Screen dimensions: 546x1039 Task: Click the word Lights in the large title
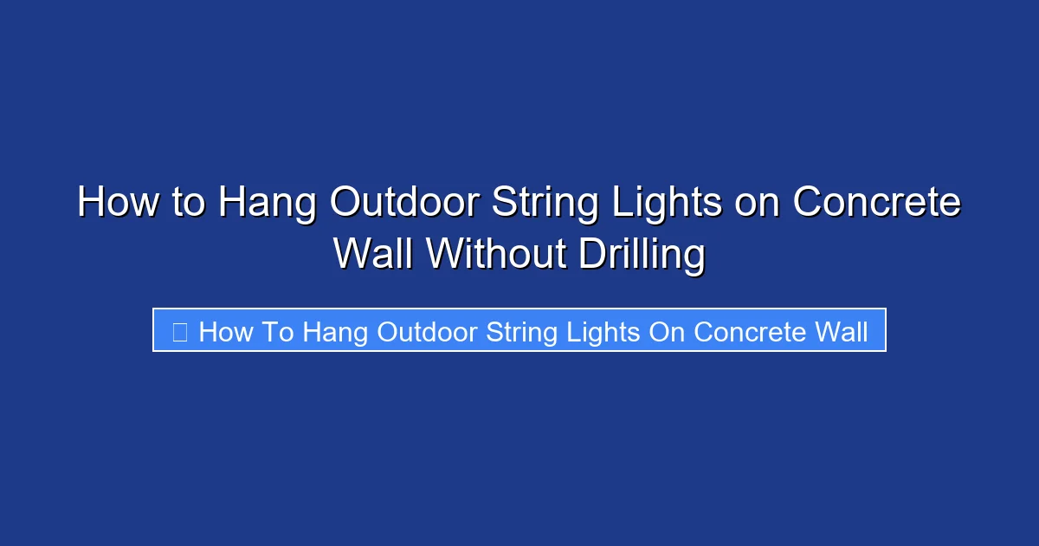point(664,205)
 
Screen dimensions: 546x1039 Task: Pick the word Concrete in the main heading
point(877,205)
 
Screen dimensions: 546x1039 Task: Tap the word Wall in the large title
point(375,255)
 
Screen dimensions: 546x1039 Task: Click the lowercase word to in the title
point(189,205)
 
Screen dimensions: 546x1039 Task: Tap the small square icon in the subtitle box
point(180,332)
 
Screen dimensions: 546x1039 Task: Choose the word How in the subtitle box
point(225,332)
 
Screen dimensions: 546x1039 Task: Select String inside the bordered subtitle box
point(519,332)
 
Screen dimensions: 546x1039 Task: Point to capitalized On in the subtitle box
point(667,332)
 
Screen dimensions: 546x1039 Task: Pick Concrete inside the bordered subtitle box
point(750,332)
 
